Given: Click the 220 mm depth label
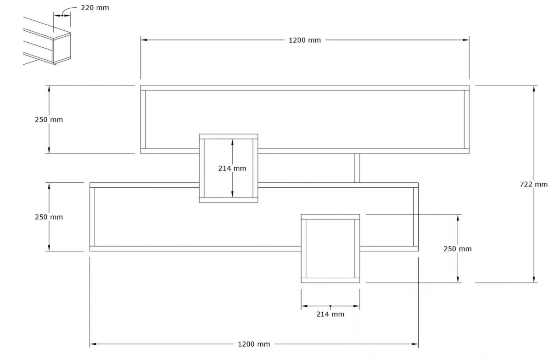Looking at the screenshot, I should click(95, 8).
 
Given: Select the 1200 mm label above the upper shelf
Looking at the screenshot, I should click(305, 40).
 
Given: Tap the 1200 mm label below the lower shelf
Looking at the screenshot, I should click(254, 344).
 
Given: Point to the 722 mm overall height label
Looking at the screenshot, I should click(533, 184).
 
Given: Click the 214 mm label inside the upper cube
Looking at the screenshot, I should click(233, 168).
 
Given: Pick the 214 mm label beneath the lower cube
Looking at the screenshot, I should click(330, 314).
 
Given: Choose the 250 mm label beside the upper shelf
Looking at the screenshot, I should click(49, 119).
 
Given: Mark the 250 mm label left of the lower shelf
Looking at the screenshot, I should click(49, 217).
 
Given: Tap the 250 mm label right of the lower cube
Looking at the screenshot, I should click(458, 249).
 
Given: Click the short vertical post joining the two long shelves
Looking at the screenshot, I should click(357, 168).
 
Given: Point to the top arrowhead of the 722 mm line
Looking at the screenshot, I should click(533, 89).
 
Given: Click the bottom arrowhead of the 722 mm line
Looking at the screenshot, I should click(533, 279).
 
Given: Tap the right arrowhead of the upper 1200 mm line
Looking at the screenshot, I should click(466, 40).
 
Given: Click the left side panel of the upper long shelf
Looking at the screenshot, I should click(143, 119).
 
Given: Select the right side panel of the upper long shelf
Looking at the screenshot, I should click(467, 119).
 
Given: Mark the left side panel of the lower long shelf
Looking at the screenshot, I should click(92, 217).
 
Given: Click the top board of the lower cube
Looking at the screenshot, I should click(330, 217).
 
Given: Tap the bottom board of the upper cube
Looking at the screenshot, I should click(229, 200).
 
